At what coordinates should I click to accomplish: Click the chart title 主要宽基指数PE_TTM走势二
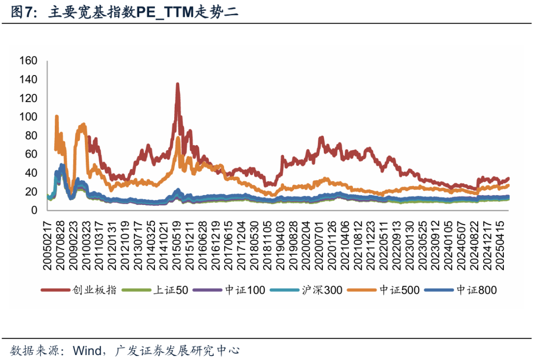tap(143, 12)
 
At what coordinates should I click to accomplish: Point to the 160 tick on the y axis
tap(28, 61)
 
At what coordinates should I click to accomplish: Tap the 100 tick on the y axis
tap(28, 117)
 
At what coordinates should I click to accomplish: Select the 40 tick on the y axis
tap(31, 173)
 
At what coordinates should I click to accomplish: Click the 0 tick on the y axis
tap(34, 210)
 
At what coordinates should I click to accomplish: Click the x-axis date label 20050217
tap(47, 243)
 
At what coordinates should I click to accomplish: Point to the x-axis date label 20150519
tap(176, 243)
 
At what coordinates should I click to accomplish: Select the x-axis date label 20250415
tap(502, 243)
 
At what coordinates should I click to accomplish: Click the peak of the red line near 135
tap(177, 84)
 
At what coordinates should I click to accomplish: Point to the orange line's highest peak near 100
tap(56, 117)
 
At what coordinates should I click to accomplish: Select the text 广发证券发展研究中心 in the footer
tap(177, 351)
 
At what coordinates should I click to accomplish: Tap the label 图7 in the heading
tap(23, 12)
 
